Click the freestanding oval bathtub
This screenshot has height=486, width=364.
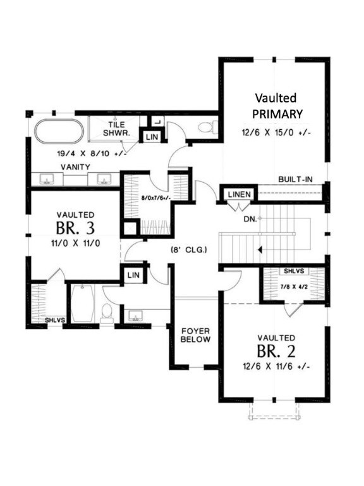pyautogui.click(x=58, y=132)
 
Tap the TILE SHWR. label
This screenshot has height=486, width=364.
pyautogui.click(x=117, y=129)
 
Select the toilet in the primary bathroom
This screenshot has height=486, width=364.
pyautogui.click(x=207, y=127)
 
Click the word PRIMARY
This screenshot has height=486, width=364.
pyautogui.click(x=278, y=114)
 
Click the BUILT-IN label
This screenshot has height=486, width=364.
pyautogui.click(x=295, y=179)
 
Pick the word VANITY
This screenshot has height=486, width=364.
pyautogui.click(x=75, y=166)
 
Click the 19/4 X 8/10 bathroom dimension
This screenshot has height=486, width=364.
pyautogui.click(x=92, y=153)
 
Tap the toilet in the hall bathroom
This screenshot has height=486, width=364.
pyautogui.click(x=107, y=312)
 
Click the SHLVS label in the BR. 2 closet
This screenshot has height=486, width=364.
pyautogui.click(x=294, y=271)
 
